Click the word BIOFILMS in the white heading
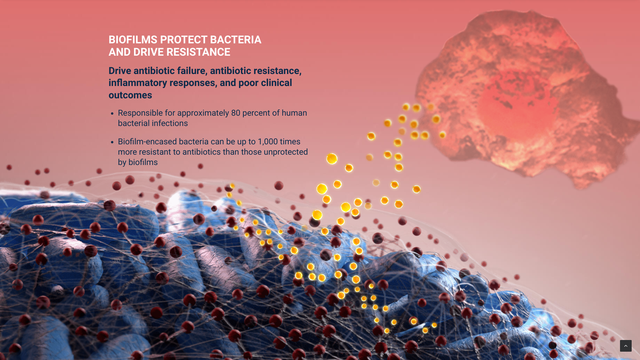pyautogui.click(x=133, y=40)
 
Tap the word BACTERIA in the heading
pyautogui.click(x=236, y=40)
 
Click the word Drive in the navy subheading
pyautogui.click(x=120, y=71)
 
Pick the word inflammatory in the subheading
pyautogui.click(x=138, y=83)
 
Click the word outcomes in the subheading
pyautogui.click(x=130, y=95)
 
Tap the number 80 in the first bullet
pyautogui.click(x=236, y=113)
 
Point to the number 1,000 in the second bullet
pyautogui.click(x=268, y=142)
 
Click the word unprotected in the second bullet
pyautogui.click(x=286, y=152)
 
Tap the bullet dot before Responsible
pyautogui.click(x=112, y=114)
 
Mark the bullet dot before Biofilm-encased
pyautogui.click(x=112, y=142)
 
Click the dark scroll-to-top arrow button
pyautogui.click(x=626, y=346)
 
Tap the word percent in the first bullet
pyautogui.click(x=256, y=113)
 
